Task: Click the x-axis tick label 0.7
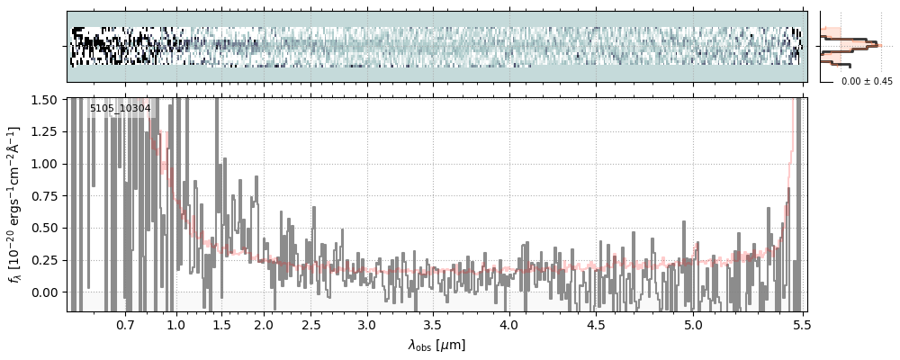(x=125, y=324)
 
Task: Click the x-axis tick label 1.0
(x=176, y=324)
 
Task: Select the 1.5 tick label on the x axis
(x=221, y=324)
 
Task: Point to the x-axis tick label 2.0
(x=264, y=324)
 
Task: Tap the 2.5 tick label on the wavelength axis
(x=310, y=324)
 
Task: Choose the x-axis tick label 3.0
(x=366, y=324)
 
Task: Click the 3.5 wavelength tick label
(x=432, y=324)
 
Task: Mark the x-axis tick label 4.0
(x=508, y=324)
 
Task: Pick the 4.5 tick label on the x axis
(x=596, y=324)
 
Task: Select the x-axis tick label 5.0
(x=693, y=324)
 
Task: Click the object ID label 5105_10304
(x=121, y=109)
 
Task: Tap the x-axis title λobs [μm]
(x=436, y=345)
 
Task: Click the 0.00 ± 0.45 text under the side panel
(x=867, y=81)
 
